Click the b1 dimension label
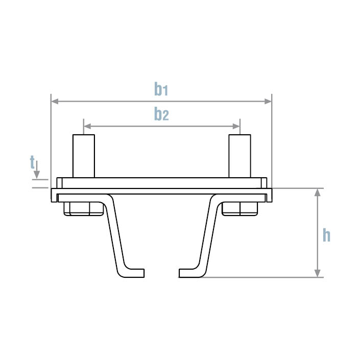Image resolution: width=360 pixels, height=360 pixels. (161, 89)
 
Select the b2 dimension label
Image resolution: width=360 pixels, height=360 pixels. (161, 114)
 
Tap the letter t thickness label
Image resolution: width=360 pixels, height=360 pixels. (32, 163)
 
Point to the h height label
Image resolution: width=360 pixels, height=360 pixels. (327, 235)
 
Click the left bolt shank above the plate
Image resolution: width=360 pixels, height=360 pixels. (83, 156)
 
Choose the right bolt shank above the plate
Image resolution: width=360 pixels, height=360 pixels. (239, 156)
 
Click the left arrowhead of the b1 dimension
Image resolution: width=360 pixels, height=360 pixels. (55, 102)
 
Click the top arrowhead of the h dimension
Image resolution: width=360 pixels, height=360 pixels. (318, 192)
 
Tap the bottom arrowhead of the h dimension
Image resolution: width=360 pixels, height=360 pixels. (318, 273)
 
